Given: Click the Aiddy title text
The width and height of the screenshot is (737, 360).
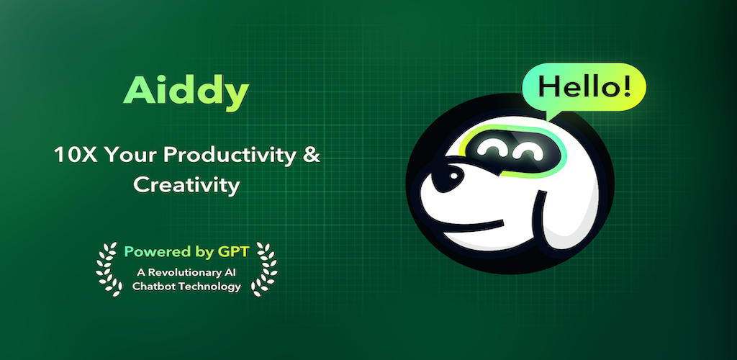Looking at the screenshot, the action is [186, 92].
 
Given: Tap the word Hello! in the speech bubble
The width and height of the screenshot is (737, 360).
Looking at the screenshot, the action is [584, 86].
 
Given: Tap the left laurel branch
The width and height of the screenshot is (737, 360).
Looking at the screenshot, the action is [109, 269].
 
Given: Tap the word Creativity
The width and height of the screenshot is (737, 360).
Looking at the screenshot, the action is [186, 186].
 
